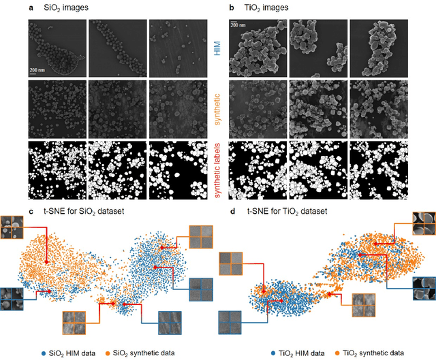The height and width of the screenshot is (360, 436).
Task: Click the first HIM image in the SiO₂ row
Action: click(57, 48)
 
